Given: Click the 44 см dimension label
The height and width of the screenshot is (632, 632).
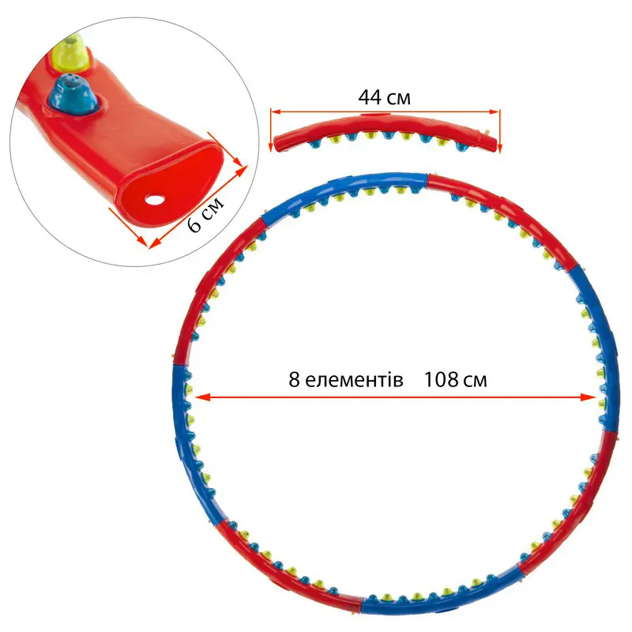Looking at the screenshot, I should pos(384,98).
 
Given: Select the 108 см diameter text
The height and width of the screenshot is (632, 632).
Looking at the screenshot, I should pos(455,379).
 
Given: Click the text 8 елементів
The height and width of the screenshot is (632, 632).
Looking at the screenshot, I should pos(347,379).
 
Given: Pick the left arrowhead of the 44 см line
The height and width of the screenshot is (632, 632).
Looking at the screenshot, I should pos(276,112).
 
